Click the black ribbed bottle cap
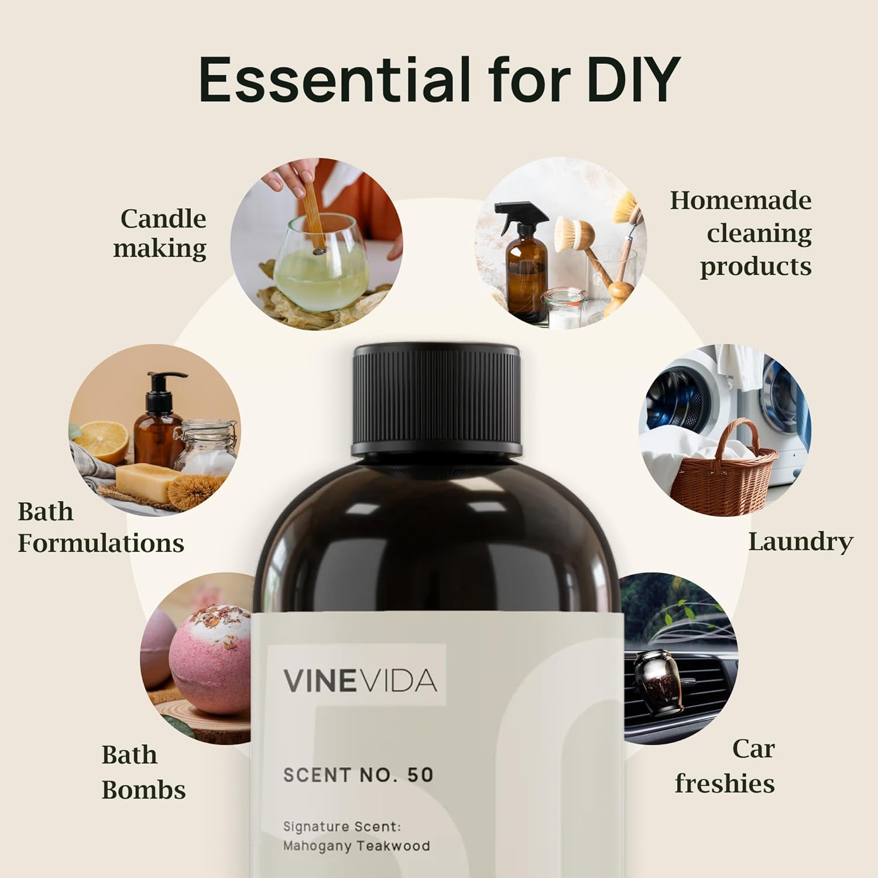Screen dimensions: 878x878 click(436, 400)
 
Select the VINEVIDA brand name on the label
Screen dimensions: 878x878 click(361, 680)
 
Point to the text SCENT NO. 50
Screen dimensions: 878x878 click(358, 775)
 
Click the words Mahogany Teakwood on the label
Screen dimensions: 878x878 click(356, 846)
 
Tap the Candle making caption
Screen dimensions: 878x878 click(160, 234)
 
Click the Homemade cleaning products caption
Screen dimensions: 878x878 click(741, 234)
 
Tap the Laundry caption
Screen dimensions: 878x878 click(801, 541)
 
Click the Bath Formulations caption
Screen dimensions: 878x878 click(101, 527)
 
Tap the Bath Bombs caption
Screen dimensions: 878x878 click(143, 772)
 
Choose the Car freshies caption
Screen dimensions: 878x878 click(725, 766)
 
